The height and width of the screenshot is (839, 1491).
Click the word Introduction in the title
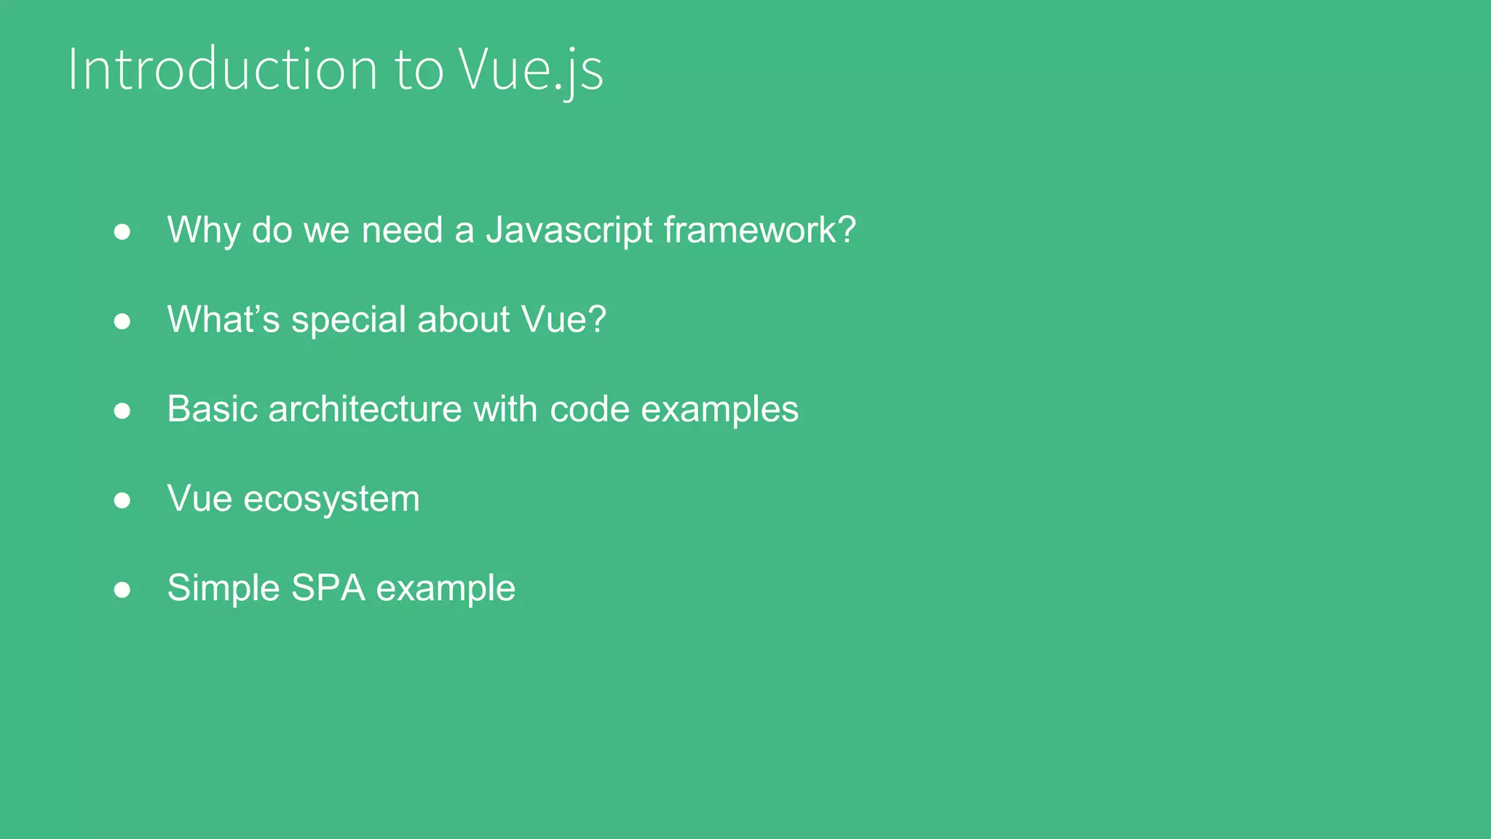tap(223, 69)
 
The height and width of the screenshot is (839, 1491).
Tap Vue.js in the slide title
tap(531, 69)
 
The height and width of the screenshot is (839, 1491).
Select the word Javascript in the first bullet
tap(569, 230)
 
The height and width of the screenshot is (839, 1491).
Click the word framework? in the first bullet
tap(759, 230)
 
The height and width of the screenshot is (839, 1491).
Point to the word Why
tap(204, 230)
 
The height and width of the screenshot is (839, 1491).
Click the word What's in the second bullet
tap(224, 320)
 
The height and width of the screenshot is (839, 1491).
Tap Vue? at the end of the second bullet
tap(564, 320)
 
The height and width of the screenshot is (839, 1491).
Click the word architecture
tap(365, 409)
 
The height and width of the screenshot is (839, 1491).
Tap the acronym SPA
tap(328, 588)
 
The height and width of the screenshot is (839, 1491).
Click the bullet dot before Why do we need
tap(122, 232)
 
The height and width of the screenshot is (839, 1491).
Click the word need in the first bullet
tap(403, 230)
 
